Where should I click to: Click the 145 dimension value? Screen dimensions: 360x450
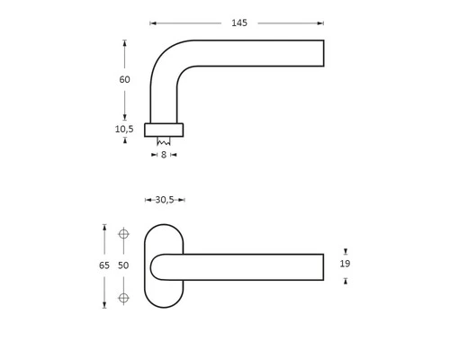[x=238, y=23]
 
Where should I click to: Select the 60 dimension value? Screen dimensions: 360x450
[x=124, y=79]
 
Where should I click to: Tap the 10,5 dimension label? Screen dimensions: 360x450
[x=124, y=129]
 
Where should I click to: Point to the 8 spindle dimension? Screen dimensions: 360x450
[x=163, y=155]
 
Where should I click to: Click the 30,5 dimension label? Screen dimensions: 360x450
[x=164, y=200]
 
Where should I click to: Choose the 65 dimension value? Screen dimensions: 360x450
[x=104, y=265]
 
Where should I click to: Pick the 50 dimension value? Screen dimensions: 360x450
[x=123, y=265]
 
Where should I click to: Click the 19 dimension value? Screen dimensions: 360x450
[x=345, y=264]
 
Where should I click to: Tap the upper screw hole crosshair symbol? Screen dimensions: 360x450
[x=124, y=234]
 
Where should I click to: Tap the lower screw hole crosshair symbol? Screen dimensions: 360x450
[x=124, y=297]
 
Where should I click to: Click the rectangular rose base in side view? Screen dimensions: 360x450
[x=164, y=130]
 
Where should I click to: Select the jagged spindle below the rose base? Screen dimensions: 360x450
[x=164, y=141]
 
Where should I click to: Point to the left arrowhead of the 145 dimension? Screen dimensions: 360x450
[x=152, y=23]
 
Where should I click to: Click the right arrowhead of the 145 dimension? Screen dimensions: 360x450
[x=321, y=23]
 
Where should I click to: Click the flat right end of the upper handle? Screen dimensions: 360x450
[x=323, y=53]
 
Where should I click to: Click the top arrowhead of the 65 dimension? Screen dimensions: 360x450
[x=104, y=228]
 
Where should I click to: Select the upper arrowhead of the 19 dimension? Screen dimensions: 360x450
[x=346, y=252]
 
